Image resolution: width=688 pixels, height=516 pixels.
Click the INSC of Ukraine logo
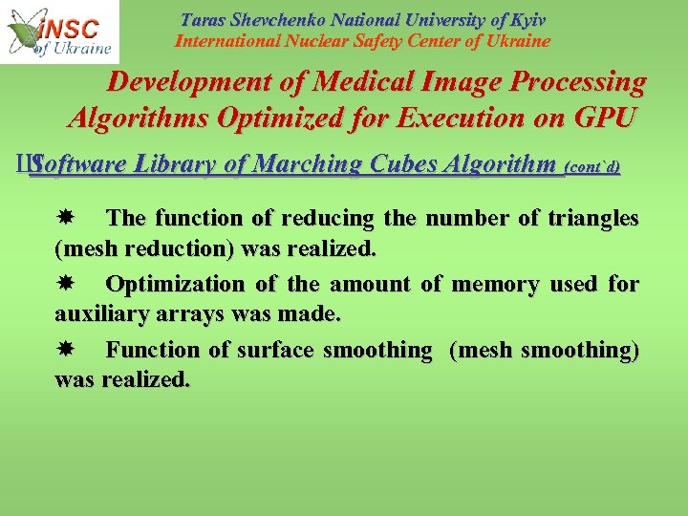59,32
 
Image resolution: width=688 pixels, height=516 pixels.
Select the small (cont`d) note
593,167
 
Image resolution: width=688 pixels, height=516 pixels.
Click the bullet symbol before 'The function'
81,218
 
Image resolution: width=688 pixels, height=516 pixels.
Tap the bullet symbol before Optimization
81,284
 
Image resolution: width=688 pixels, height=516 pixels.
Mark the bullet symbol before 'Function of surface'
81,350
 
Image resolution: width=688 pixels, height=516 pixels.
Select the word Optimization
175,284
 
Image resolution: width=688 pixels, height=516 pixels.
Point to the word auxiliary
97,314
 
